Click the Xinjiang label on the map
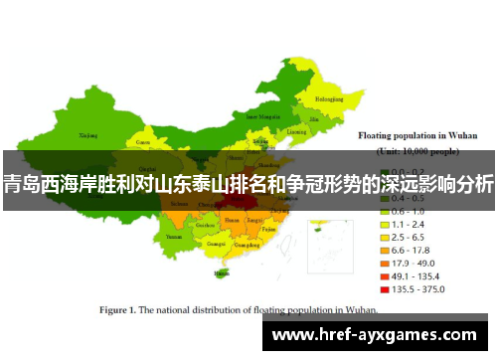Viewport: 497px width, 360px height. point(88,134)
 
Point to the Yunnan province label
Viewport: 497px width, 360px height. point(175,238)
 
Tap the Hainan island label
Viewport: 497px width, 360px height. point(221,271)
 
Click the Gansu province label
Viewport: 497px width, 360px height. point(143,142)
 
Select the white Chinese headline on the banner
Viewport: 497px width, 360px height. point(248,183)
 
